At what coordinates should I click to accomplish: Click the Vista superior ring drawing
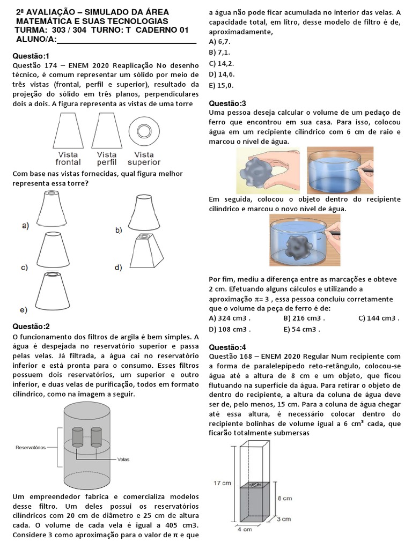[x=143, y=131]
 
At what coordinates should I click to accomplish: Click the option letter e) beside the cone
[x=24, y=310]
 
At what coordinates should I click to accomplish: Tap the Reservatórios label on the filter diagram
[x=30, y=446]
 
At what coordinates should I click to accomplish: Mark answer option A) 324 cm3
[x=230, y=318]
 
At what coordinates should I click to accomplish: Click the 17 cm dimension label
[x=222, y=483]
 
